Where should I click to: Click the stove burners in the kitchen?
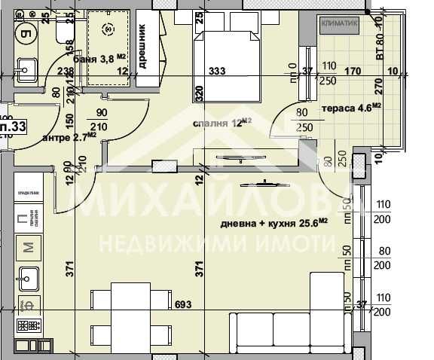coord(29,328)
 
